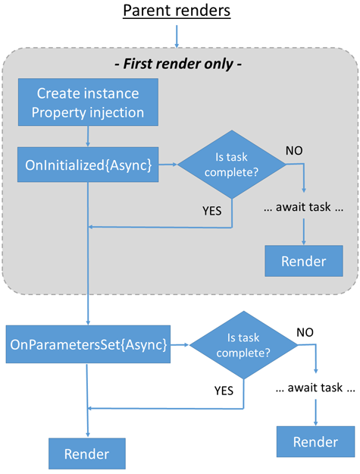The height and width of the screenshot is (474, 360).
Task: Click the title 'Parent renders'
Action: tap(177, 12)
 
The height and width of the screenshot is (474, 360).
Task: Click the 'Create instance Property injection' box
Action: tap(88, 103)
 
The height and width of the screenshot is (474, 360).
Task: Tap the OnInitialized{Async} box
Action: tap(89, 164)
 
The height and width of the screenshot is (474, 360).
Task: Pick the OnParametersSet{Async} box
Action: tap(87, 344)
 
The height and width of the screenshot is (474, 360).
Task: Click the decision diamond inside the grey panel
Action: tap(231, 164)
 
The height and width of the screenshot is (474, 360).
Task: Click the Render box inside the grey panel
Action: tap(303, 261)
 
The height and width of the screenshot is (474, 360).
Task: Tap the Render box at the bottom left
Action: tap(86, 454)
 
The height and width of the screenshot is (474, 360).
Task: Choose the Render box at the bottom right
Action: tap(315, 442)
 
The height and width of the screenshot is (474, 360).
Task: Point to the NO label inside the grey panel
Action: tap(295, 150)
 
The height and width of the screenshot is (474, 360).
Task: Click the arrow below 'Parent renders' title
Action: tap(177, 35)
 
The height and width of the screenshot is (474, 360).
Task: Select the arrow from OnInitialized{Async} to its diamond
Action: tap(167, 164)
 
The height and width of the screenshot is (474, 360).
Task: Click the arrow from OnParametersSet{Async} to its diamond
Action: tap(179, 345)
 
